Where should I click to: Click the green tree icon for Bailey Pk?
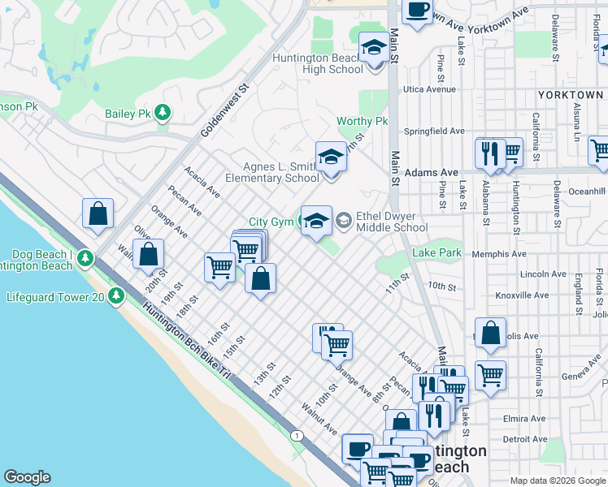(x=163, y=113)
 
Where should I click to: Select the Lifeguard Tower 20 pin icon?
(x=118, y=297)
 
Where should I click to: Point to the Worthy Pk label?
(x=363, y=122)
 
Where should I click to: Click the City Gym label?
(x=269, y=222)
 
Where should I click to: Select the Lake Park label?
(x=436, y=253)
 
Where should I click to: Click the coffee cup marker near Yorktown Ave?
(x=417, y=11)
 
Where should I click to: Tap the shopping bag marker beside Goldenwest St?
(x=98, y=214)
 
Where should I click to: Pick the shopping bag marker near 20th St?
(x=149, y=254)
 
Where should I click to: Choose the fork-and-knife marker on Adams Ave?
(x=490, y=153)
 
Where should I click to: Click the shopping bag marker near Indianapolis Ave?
(x=490, y=333)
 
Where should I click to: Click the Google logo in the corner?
(x=27, y=477)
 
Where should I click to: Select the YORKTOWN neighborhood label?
(x=570, y=95)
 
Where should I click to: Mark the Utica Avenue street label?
(x=432, y=89)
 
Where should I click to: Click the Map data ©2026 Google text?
(x=557, y=481)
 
